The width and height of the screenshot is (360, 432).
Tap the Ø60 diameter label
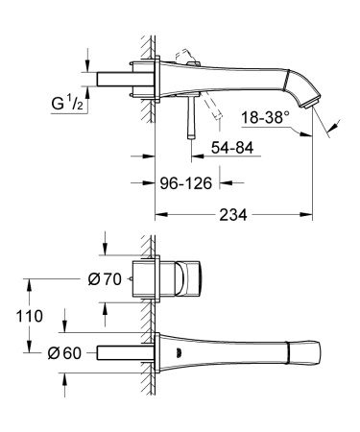click(63, 353)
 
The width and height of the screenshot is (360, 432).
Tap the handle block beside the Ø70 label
click(179, 278)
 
